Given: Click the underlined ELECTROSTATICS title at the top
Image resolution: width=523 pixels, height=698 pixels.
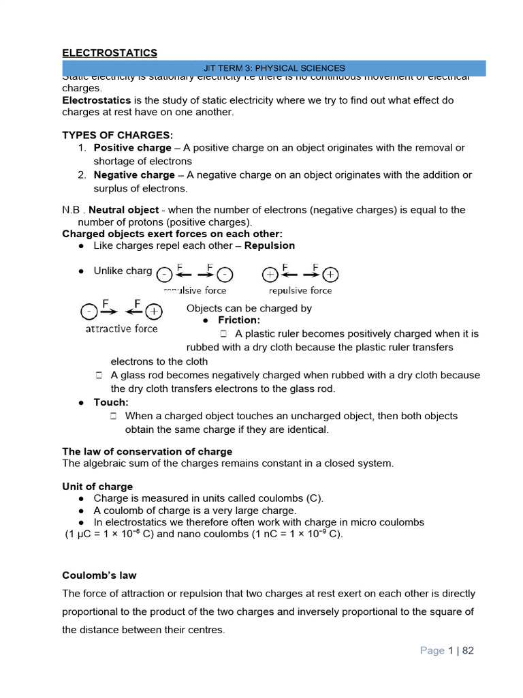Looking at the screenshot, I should (110, 52).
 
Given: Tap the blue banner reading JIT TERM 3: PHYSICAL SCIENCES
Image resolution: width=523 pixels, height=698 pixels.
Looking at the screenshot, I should (274, 68).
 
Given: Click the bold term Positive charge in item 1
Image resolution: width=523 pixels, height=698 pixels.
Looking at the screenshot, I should (132, 148).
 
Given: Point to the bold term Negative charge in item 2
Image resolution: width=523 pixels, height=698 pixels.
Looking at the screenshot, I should (134, 175).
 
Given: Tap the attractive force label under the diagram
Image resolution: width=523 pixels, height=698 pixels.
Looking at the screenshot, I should (121, 329).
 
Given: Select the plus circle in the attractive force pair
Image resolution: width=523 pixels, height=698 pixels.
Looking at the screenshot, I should (155, 312).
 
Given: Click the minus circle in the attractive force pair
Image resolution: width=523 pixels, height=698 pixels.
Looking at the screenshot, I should (88, 312).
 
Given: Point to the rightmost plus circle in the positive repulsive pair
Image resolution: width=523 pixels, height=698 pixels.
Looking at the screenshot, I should (330, 275).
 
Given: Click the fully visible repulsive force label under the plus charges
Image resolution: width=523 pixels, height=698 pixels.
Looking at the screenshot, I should (300, 290).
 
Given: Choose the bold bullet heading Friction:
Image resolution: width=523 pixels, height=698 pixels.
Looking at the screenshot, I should (239, 320).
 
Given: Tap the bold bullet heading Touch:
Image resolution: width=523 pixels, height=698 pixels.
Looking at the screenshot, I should (111, 402).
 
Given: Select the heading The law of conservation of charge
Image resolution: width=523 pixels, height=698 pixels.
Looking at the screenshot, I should (147, 451).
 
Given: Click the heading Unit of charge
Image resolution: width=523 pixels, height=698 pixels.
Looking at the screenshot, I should (97, 487).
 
